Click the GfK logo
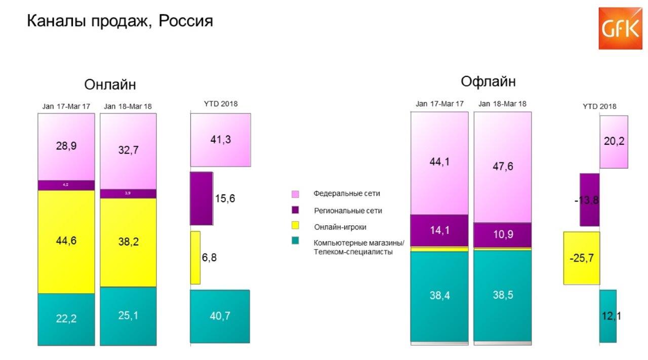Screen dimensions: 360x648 pyautogui.click(x=620, y=28)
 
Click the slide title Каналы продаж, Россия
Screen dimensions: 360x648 pyautogui.click(x=119, y=21)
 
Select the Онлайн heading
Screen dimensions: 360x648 pyautogui.click(x=110, y=84)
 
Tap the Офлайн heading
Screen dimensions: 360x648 pyautogui.click(x=488, y=81)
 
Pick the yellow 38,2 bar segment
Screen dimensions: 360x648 pyautogui.click(x=128, y=242)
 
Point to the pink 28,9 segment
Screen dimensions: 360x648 pyautogui.click(x=66, y=146)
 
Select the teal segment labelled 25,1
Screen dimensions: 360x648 pyautogui.click(x=128, y=316)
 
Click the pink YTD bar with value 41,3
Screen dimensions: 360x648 pyautogui.click(x=220, y=140)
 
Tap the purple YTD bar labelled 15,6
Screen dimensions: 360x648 pyautogui.click(x=201, y=198)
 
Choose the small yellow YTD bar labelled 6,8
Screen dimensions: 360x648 pyautogui.click(x=195, y=257)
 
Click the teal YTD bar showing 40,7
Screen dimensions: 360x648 pyautogui.click(x=220, y=316)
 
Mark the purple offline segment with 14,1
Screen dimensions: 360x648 pyautogui.click(x=439, y=230)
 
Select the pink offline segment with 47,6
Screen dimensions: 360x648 pyautogui.click(x=502, y=167)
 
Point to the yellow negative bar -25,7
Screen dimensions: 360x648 pyautogui.click(x=581, y=258)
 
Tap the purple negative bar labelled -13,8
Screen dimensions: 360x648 pyautogui.click(x=589, y=199)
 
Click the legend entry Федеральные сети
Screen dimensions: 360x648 pyautogui.click(x=346, y=193)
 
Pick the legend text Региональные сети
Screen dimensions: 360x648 pyautogui.click(x=347, y=210)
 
